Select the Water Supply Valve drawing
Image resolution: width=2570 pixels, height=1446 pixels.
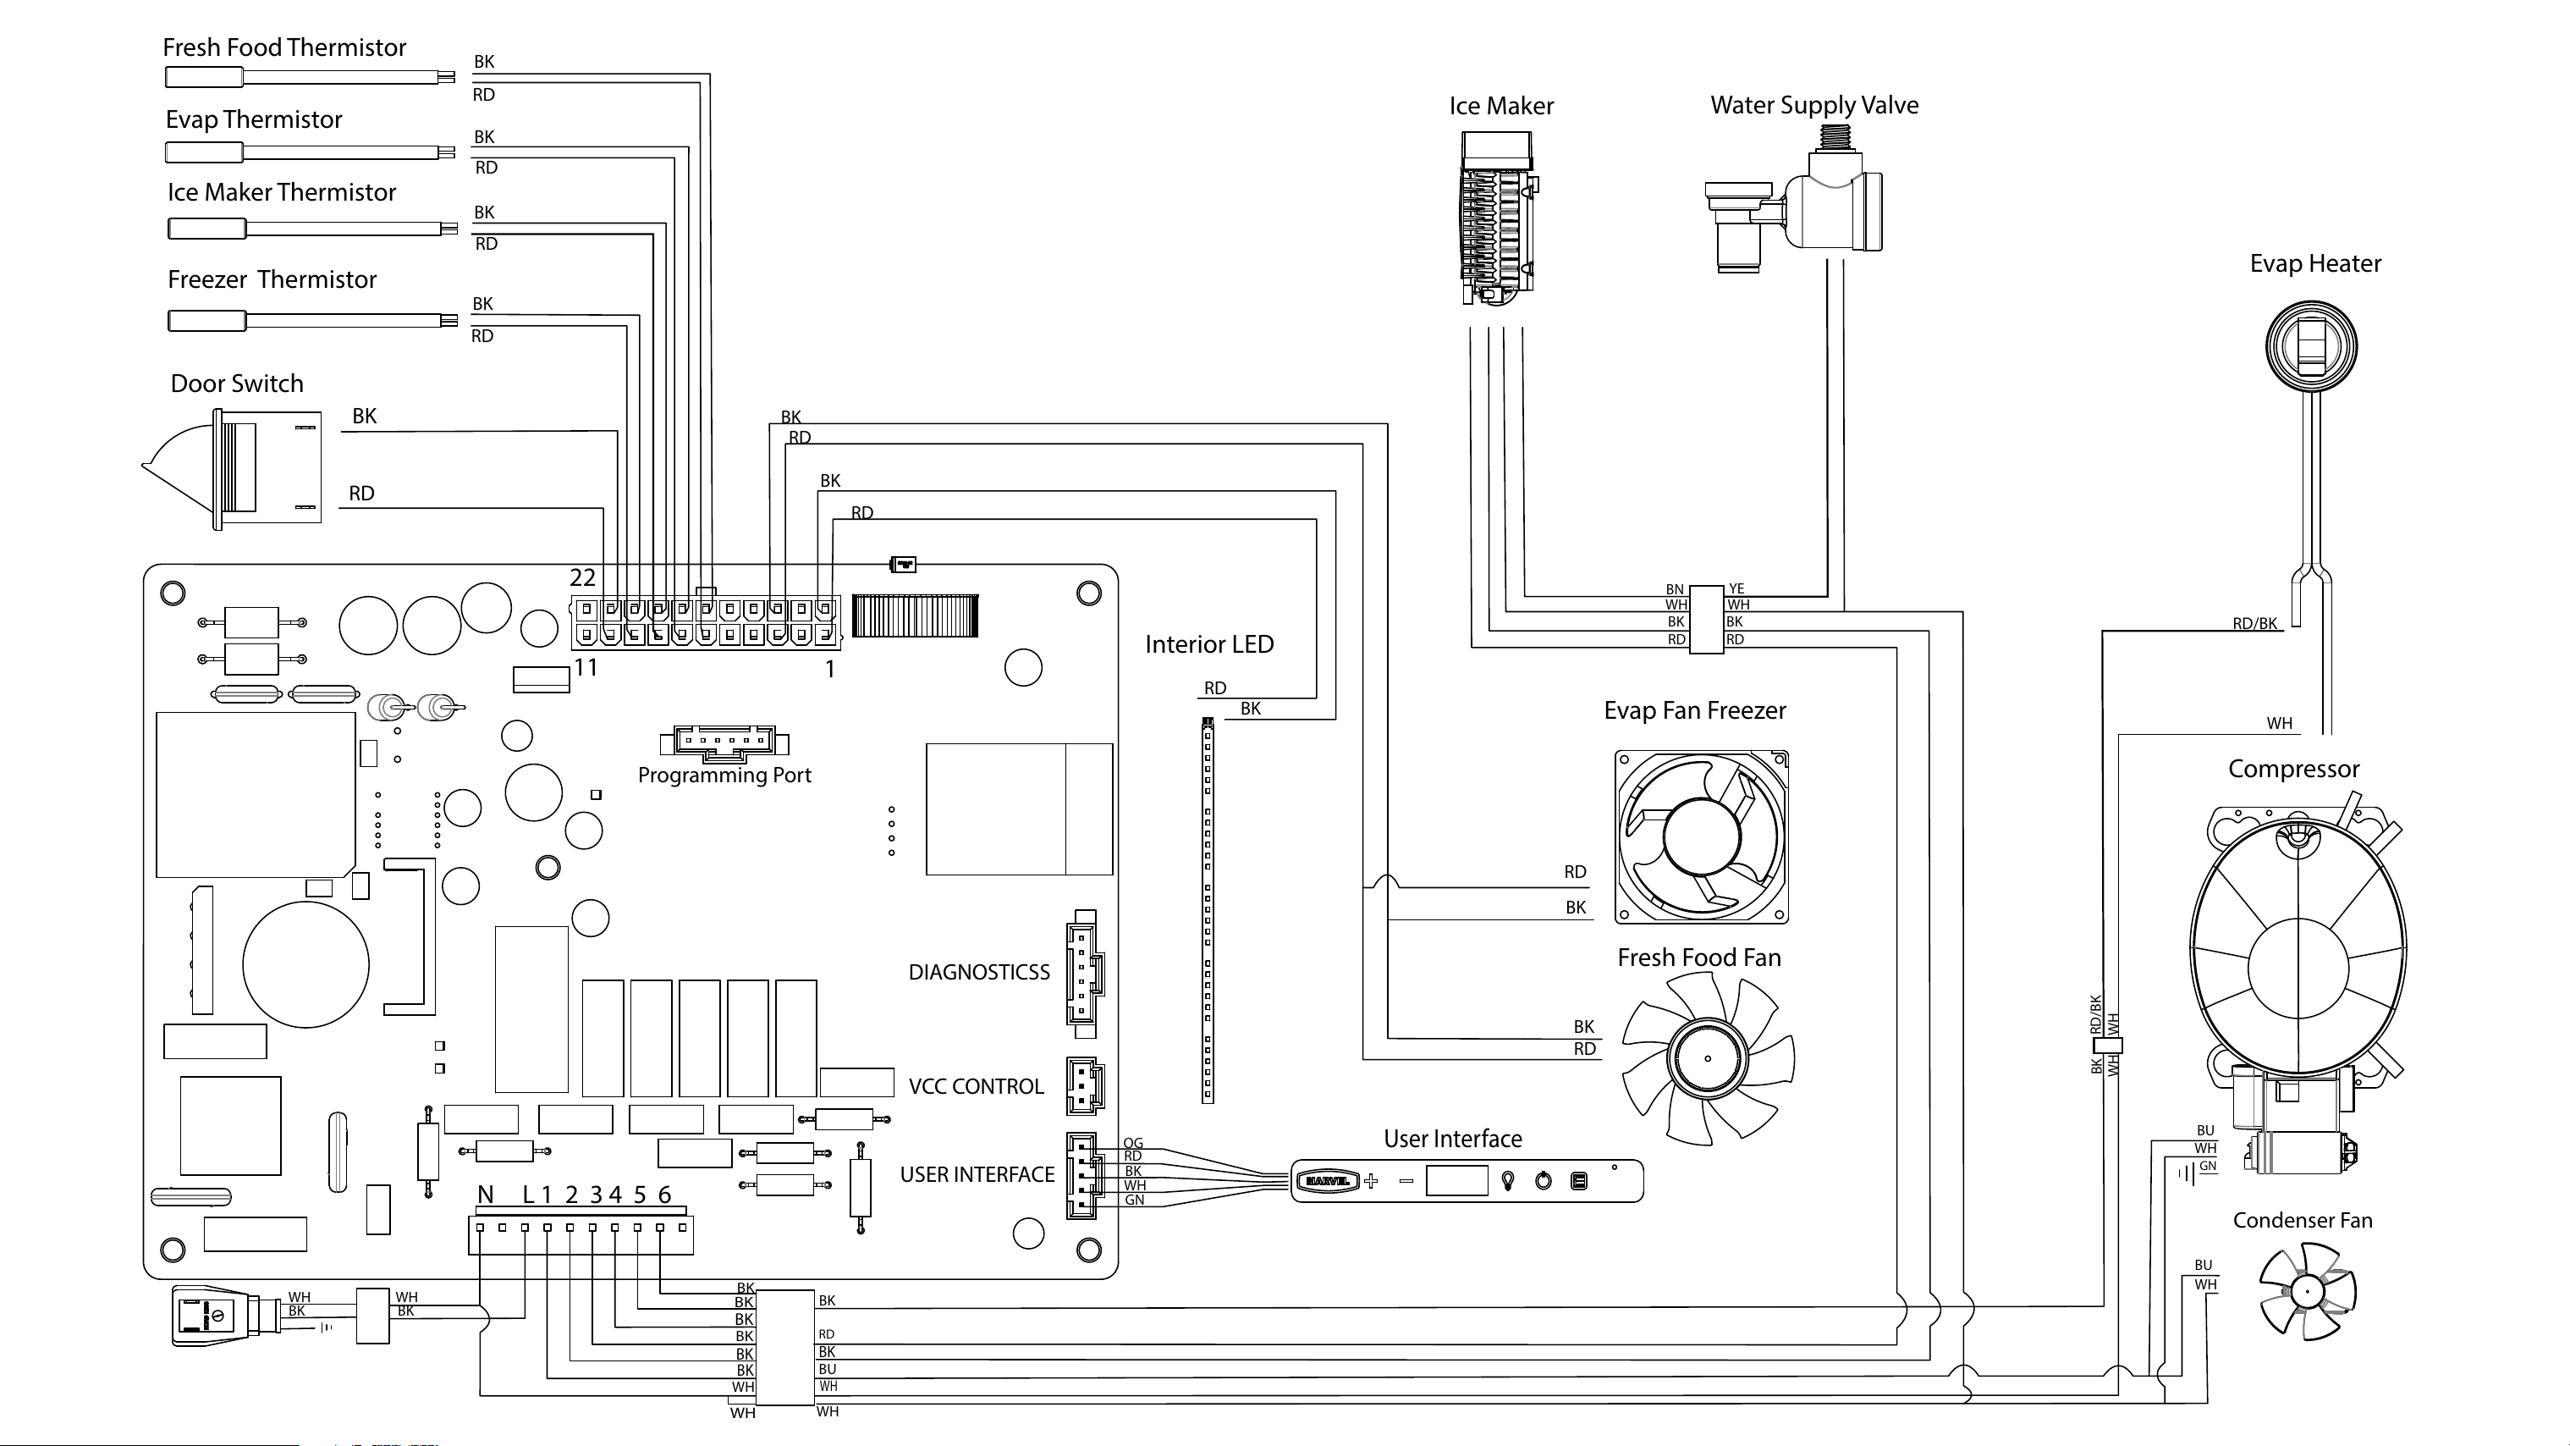coord(1793,207)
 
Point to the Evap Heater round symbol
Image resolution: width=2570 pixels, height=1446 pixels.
coord(2310,345)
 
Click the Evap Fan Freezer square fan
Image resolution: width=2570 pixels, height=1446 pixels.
coord(1701,837)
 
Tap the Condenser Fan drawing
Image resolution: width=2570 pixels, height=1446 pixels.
coord(2307,1291)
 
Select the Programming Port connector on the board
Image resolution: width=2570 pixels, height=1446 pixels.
coord(724,741)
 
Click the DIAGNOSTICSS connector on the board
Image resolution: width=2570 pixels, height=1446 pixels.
coord(1083,967)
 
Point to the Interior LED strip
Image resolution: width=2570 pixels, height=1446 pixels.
coord(1208,910)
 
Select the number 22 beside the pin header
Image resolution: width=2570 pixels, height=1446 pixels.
coord(583,577)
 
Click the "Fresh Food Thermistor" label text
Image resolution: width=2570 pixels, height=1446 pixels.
coord(284,48)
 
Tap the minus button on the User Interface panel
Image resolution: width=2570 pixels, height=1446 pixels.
coord(1406,1182)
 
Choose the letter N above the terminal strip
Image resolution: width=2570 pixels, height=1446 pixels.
coord(486,1195)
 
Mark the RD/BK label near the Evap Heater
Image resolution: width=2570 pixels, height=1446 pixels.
coord(2254,624)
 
